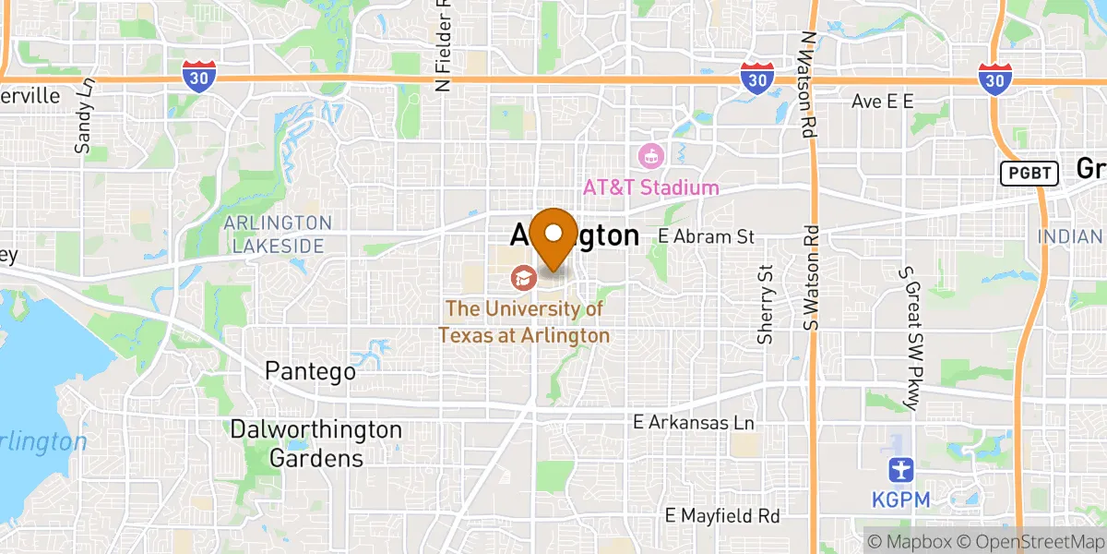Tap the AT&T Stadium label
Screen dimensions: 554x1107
(650, 187)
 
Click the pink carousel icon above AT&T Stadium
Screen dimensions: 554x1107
(651, 156)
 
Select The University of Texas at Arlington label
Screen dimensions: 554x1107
(524, 322)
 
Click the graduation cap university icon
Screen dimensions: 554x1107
(521, 276)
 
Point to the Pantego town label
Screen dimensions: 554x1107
(310, 371)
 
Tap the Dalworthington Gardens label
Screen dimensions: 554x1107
(316, 444)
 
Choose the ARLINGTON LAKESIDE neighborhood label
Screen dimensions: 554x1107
(278, 235)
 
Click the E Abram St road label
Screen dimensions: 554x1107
(706, 236)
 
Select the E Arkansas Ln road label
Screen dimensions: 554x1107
(693, 422)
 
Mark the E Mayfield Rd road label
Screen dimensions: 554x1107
(723, 514)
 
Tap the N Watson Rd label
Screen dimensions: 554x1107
(809, 85)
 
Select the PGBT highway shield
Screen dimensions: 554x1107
(1028, 173)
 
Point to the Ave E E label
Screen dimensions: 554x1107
(882, 102)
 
